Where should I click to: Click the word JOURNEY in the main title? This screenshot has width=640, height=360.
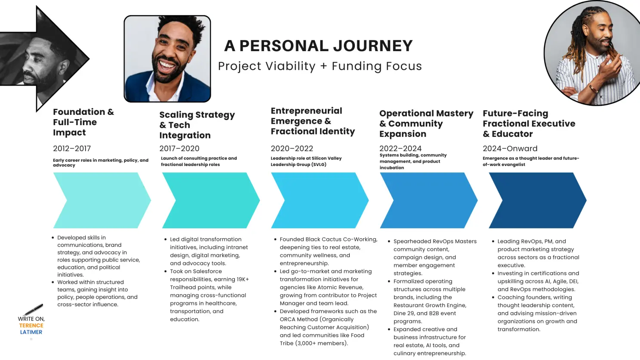pos(373,46)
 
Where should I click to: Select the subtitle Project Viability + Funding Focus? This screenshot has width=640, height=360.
pos(320,66)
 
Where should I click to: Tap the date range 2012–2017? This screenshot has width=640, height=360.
pos(72,148)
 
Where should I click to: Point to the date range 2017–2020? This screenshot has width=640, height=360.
pos(179,148)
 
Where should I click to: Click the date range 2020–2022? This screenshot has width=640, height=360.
pos(292,148)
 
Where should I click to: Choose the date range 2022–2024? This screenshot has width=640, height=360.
pos(400,148)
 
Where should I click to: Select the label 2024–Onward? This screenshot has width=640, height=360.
pos(510,148)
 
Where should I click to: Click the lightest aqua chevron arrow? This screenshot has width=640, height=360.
pos(102,200)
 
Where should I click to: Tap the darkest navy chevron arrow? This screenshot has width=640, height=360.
pos(538,200)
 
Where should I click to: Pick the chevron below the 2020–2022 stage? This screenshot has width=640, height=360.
pos(320,200)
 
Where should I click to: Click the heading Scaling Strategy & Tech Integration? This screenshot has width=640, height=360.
pos(197,125)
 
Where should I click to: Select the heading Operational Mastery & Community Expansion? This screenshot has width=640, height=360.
pos(426,123)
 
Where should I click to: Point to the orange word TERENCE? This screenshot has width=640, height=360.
pos(31,326)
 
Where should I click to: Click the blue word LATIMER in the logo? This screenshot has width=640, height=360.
pos(31,332)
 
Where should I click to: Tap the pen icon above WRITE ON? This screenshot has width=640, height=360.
pos(33,309)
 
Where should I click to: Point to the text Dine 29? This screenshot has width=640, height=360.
pos(404,314)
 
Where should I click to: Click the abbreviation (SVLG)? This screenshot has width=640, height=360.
pos(319,165)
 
